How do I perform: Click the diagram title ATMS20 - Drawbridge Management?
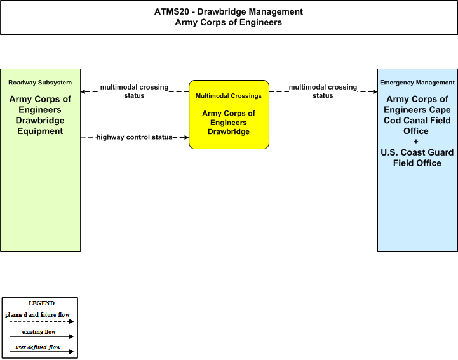click(229, 11)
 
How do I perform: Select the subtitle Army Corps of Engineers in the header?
click(229, 22)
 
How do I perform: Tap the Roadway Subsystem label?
click(40, 83)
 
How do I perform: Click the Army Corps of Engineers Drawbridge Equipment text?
click(40, 115)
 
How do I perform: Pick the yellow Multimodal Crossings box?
click(229, 114)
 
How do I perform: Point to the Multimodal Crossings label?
click(229, 96)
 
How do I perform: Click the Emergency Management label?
click(417, 83)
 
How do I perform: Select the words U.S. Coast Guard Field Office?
click(417, 157)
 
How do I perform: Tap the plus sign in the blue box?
click(416, 142)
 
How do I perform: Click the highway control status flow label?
click(134, 137)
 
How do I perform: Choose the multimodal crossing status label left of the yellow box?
click(135, 91)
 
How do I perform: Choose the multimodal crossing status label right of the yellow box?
click(323, 91)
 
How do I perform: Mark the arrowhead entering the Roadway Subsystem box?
click(83, 91)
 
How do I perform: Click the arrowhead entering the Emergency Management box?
click(375, 91)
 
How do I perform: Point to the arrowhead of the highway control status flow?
click(186, 137)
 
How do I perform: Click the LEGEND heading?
click(41, 303)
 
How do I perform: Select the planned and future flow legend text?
click(37, 315)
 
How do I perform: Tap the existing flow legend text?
click(39, 332)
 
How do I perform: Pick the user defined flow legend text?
click(37, 347)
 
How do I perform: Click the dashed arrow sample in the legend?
click(41, 321)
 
